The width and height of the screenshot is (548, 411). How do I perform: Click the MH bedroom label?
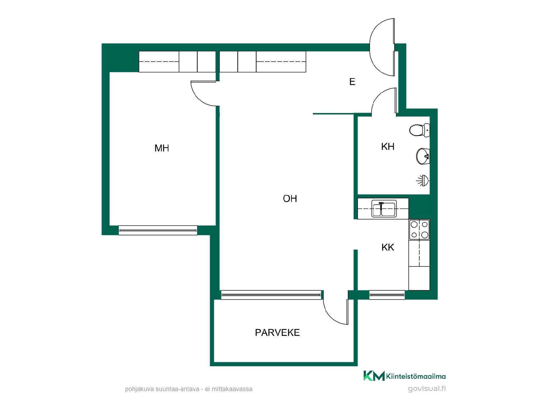pyautogui.click(x=162, y=148)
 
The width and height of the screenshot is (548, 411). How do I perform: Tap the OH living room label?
pyautogui.click(x=290, y=199)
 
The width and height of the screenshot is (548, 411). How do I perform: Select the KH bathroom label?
pyautogui.click(x=388, y=147)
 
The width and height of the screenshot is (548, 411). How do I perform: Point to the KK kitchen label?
pyautogui.click(x=388, y=247)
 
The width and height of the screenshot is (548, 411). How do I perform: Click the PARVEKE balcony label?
pyautogui.click(x=277, y=333)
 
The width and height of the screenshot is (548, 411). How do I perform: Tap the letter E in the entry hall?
pyautogui.click(x=352, y=82)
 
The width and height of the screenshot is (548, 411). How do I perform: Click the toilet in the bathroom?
pyautogui.click(x=419, y=130)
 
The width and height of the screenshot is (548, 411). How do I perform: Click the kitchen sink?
pyautogui.click(x=384, y=209)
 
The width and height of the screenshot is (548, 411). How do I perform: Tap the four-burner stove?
pyautogui.click(x=419, y=229)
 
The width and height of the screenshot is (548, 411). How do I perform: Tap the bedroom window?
pyautogui.click(x=158, y=230)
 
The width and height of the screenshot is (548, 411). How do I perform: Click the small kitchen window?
pyautogui.click(x=387, y=295)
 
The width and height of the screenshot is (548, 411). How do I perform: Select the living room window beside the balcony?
pyautogui.click(x=271, y=295)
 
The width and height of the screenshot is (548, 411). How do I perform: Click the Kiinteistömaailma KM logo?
pyautogui.click(x=404, y=376)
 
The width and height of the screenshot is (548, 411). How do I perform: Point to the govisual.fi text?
pyautogui.click(x=427, y=389)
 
